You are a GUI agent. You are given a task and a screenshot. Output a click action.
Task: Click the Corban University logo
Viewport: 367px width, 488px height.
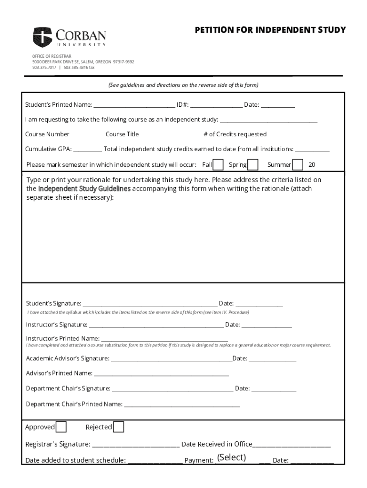(70, 37)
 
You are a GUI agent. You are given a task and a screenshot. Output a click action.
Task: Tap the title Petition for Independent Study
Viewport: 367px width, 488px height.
(270, 30)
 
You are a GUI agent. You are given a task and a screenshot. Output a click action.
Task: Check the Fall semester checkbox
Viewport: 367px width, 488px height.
(218, 165)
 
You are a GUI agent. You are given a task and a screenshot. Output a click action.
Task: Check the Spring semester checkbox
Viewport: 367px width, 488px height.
(253, 165)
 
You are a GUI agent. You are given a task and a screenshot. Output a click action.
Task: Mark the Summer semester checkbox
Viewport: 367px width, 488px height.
(297, 165)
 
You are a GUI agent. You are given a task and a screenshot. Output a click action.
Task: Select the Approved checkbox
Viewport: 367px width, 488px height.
(61, 427)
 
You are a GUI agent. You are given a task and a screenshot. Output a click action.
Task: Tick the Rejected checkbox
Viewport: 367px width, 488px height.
(118, 427)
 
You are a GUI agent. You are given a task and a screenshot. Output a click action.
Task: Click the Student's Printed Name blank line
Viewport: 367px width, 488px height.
(134, 105)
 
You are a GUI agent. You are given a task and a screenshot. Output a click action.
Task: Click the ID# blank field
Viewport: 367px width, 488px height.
(216, 105)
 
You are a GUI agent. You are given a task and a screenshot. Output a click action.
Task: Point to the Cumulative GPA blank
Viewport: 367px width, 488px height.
(88, 149)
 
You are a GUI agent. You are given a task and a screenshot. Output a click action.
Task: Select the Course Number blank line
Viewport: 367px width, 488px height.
(87, 135)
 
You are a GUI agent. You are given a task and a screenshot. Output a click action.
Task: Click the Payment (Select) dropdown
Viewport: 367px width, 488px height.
(232, 458)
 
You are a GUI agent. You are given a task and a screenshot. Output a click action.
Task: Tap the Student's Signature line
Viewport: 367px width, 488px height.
(150, 304)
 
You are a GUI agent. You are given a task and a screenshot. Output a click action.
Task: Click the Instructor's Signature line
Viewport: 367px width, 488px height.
(156, 325)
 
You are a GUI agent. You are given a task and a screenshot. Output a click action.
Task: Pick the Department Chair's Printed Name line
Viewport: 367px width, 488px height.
(182, 405)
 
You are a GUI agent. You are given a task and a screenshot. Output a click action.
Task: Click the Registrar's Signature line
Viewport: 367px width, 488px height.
(136, 445)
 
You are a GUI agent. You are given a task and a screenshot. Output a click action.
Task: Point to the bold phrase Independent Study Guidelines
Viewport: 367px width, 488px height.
(84, 189)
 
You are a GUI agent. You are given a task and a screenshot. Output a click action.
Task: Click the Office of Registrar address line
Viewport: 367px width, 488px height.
(83, 62)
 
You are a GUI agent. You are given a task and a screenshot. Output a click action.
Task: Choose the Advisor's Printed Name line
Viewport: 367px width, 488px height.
(161, 373)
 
